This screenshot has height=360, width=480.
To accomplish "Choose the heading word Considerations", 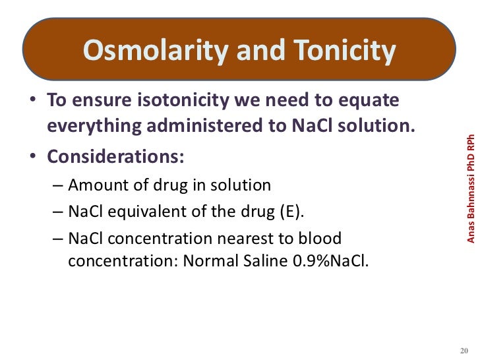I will (116, 159).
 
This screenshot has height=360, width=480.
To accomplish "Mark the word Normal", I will (208, 261).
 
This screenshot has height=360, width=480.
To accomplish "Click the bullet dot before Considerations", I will (31, 160).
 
